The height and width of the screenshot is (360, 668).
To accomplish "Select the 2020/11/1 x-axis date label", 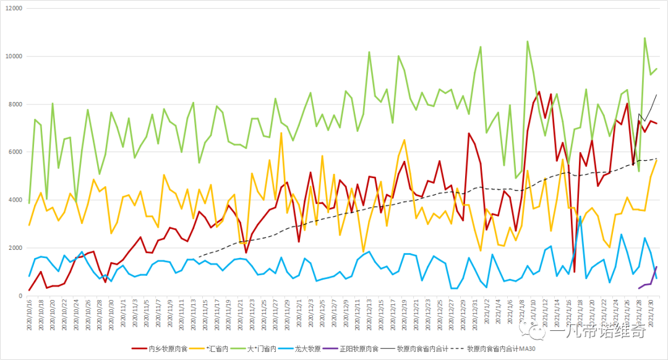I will [x=122, y=314].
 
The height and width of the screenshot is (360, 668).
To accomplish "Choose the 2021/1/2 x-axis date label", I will [x=486, y=314].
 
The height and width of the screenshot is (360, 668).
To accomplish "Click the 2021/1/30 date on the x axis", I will [x=650, y=315].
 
